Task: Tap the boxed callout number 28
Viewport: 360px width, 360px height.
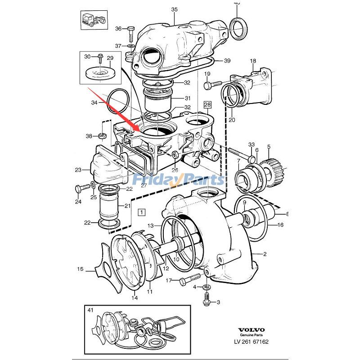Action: [207, 105]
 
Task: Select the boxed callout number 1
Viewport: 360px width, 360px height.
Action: [142, 211]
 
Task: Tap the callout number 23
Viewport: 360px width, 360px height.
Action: [78, 170]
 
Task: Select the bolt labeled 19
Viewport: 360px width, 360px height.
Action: [211, 84]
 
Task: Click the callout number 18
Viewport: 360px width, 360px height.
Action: [253, 61]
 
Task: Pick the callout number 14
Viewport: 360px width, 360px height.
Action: [135, 297]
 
